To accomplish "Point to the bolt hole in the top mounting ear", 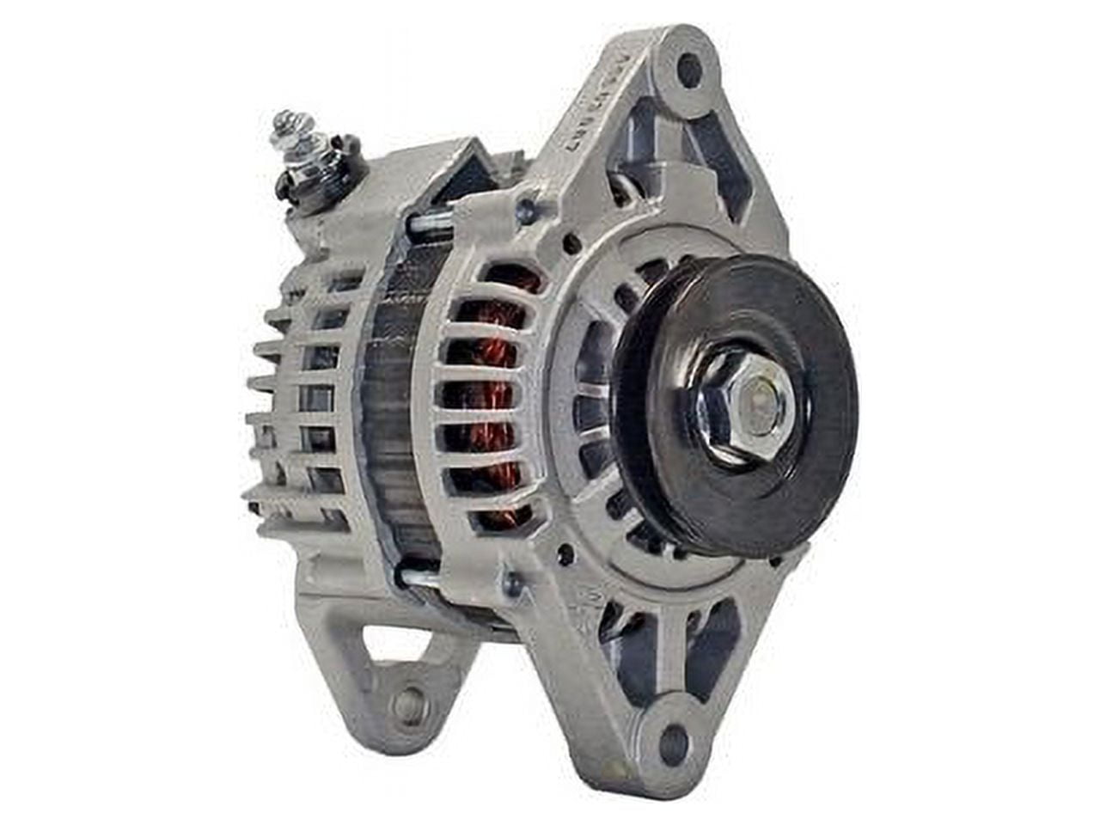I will click(x=689, y=69).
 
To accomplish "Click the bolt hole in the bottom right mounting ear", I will click(x=674, y=742).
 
